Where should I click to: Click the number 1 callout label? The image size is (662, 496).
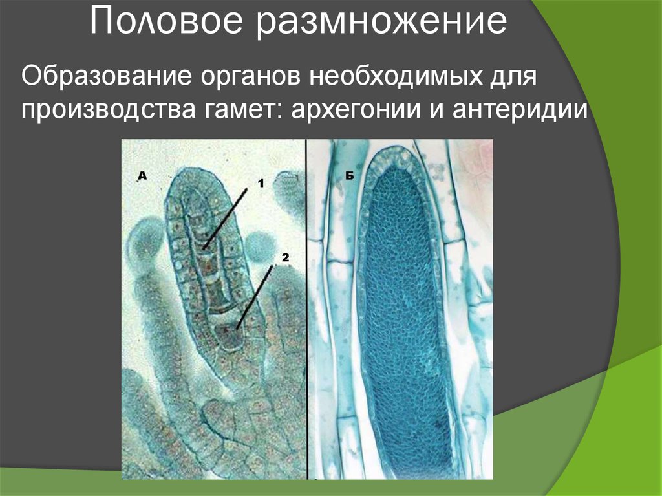coord(261,183)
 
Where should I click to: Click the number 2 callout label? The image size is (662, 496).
coord(283,257)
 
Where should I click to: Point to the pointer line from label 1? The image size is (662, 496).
coord(227,217)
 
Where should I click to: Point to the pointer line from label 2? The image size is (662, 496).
coord(256,295)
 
